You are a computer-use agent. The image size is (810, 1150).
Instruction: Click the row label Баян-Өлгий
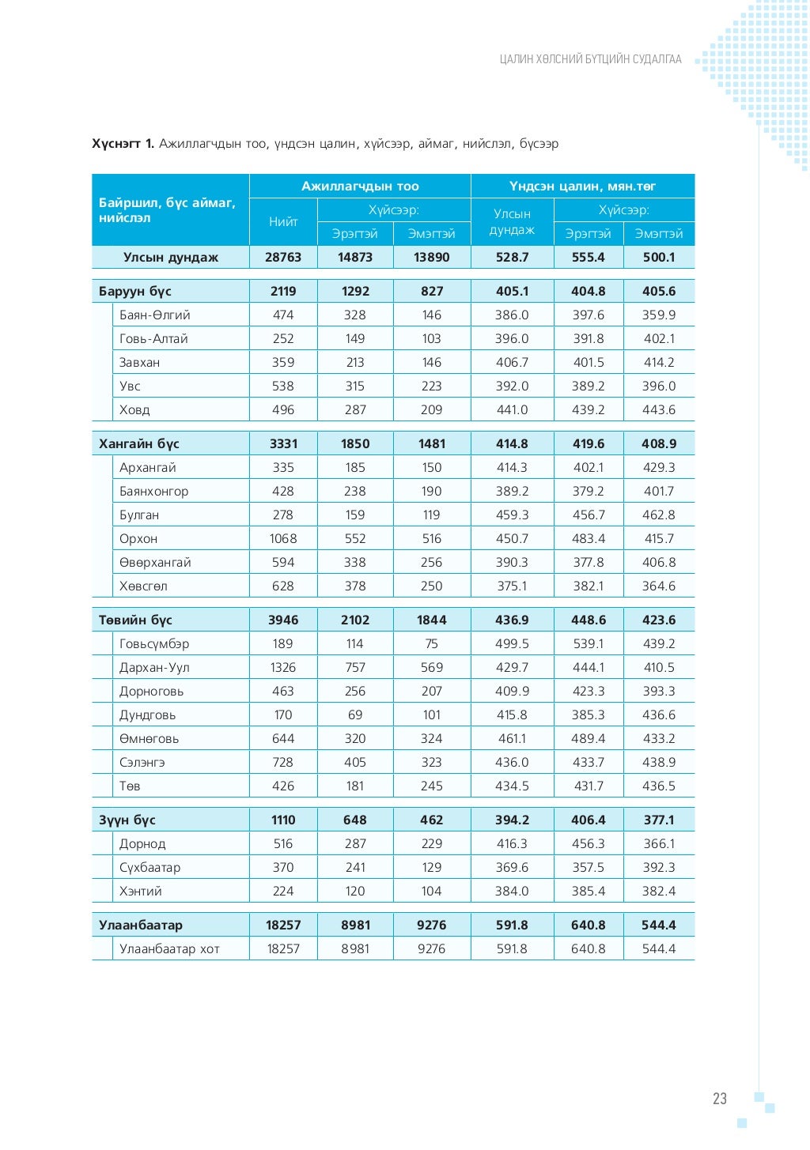click(x=154, y=315)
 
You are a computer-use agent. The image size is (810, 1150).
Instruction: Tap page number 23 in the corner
click(x=719, y=1099)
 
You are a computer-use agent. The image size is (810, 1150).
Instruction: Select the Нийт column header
click(x=283, y=222)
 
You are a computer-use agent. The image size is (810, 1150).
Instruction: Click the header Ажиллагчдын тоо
click(x=360, y=187)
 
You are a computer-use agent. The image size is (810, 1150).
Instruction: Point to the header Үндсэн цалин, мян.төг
click(x=582, y=187)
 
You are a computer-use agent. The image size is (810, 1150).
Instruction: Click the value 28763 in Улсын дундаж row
click(x=283, y=258)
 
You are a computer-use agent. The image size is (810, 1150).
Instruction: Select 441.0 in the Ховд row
click(x=512, y=410)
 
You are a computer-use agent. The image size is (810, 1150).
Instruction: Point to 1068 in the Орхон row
click(x=283, y=539)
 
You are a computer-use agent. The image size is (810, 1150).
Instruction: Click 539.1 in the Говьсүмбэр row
click(x=588, y=644)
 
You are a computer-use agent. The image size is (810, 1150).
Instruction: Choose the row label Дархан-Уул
click(x=154, y=668)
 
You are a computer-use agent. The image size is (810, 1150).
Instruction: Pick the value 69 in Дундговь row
click(x=355, y=715)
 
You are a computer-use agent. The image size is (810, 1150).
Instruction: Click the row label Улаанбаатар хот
click(x=169, y=949)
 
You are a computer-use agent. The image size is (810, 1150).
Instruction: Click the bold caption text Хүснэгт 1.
click(x=123, y=144)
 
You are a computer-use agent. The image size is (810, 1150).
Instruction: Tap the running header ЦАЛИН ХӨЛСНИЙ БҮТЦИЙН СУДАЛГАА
click(x=590, y=59)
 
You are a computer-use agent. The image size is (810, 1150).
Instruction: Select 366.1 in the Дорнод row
click(x=659, y=844)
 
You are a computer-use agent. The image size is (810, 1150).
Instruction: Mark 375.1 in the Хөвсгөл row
click(x=512, y=586)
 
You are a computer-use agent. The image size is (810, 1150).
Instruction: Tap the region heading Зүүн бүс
click(x=127, y=820)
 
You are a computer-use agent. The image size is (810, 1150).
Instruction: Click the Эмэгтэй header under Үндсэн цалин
click(x=659, y=234)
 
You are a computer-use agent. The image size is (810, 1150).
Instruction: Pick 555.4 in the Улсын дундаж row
click(x=588, y=258)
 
